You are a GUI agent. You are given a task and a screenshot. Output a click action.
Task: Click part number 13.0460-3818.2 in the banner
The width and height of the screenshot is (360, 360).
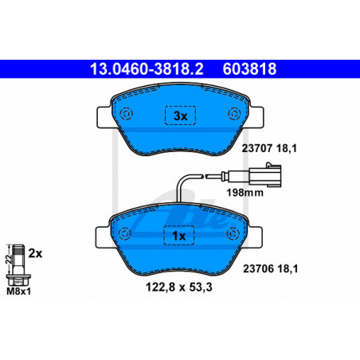pos(147,68)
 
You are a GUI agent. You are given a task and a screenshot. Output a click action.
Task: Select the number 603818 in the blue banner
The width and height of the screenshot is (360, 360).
pos(249,68)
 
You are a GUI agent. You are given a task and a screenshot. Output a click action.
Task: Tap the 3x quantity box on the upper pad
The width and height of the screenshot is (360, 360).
pos(181,115)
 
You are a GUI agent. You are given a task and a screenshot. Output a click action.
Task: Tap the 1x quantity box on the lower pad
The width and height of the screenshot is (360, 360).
pos(179,236)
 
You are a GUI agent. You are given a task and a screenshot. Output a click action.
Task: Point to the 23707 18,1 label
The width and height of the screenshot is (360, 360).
pos(269,148)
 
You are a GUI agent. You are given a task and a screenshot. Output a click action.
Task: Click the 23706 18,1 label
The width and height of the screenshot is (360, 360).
pos(271,268)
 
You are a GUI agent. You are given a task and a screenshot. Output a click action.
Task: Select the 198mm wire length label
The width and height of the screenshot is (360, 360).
pos(245,193)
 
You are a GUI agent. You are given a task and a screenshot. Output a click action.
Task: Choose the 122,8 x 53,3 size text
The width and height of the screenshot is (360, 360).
pos(179,287)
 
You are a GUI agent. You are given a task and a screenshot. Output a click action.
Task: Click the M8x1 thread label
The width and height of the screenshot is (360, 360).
pos(18,292)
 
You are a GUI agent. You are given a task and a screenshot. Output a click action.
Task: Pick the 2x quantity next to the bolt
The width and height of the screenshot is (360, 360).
pos(35,253)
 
